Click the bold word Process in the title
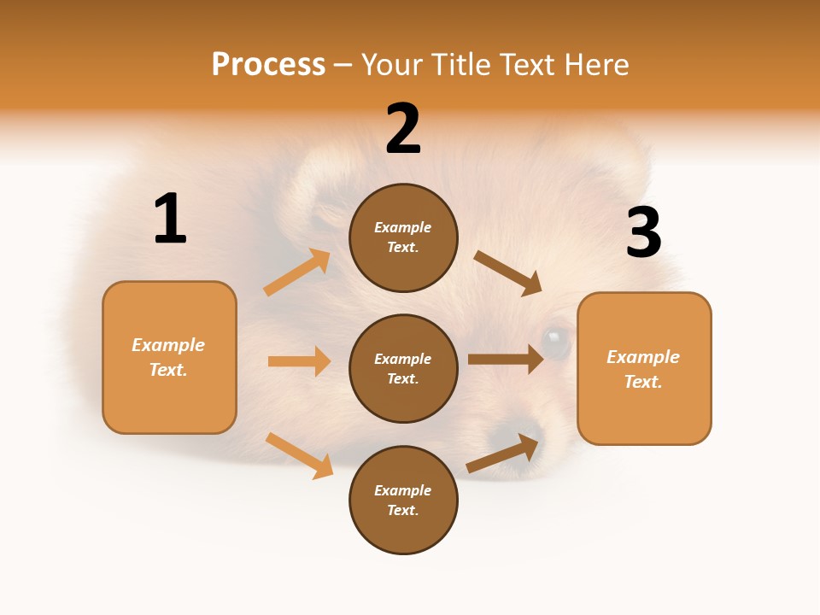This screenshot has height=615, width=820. click(268, 64)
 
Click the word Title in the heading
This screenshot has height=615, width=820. click(459, 64)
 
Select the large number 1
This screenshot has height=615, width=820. click(170, 220)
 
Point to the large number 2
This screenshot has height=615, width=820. click(403, 130)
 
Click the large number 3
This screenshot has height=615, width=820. click(643, 233)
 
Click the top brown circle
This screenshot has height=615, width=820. click(403, 237)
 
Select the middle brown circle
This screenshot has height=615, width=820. click(403, 368)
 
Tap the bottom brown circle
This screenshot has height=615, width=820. click(403, 500)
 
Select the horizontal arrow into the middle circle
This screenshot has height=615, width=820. click(300, 361)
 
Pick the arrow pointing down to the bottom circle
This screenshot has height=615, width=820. click(300, 455)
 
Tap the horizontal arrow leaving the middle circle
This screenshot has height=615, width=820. click(506, 360)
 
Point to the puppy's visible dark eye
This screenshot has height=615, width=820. click(555, 343)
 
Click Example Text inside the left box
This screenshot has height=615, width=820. click(168, 357)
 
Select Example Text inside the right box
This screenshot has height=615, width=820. click(643, 369)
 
